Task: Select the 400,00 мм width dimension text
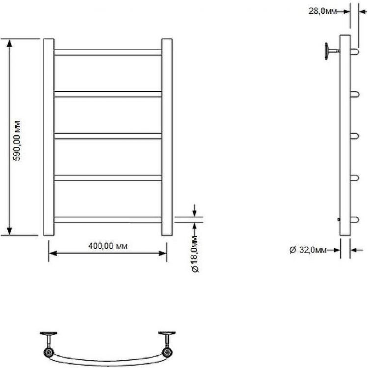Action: [x=107, y=246]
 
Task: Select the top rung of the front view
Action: [x=108, y=52]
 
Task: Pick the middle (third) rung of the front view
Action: [x=108, y=136]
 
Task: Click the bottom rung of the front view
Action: [x=108, y=220]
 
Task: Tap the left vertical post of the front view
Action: [x=49, y=137]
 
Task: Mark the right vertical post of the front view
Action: [x=167, y=137]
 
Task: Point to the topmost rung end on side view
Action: [x=353, y=52]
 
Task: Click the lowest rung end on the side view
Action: [x=353, y=220]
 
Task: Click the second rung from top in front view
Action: [x=108, y=94]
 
